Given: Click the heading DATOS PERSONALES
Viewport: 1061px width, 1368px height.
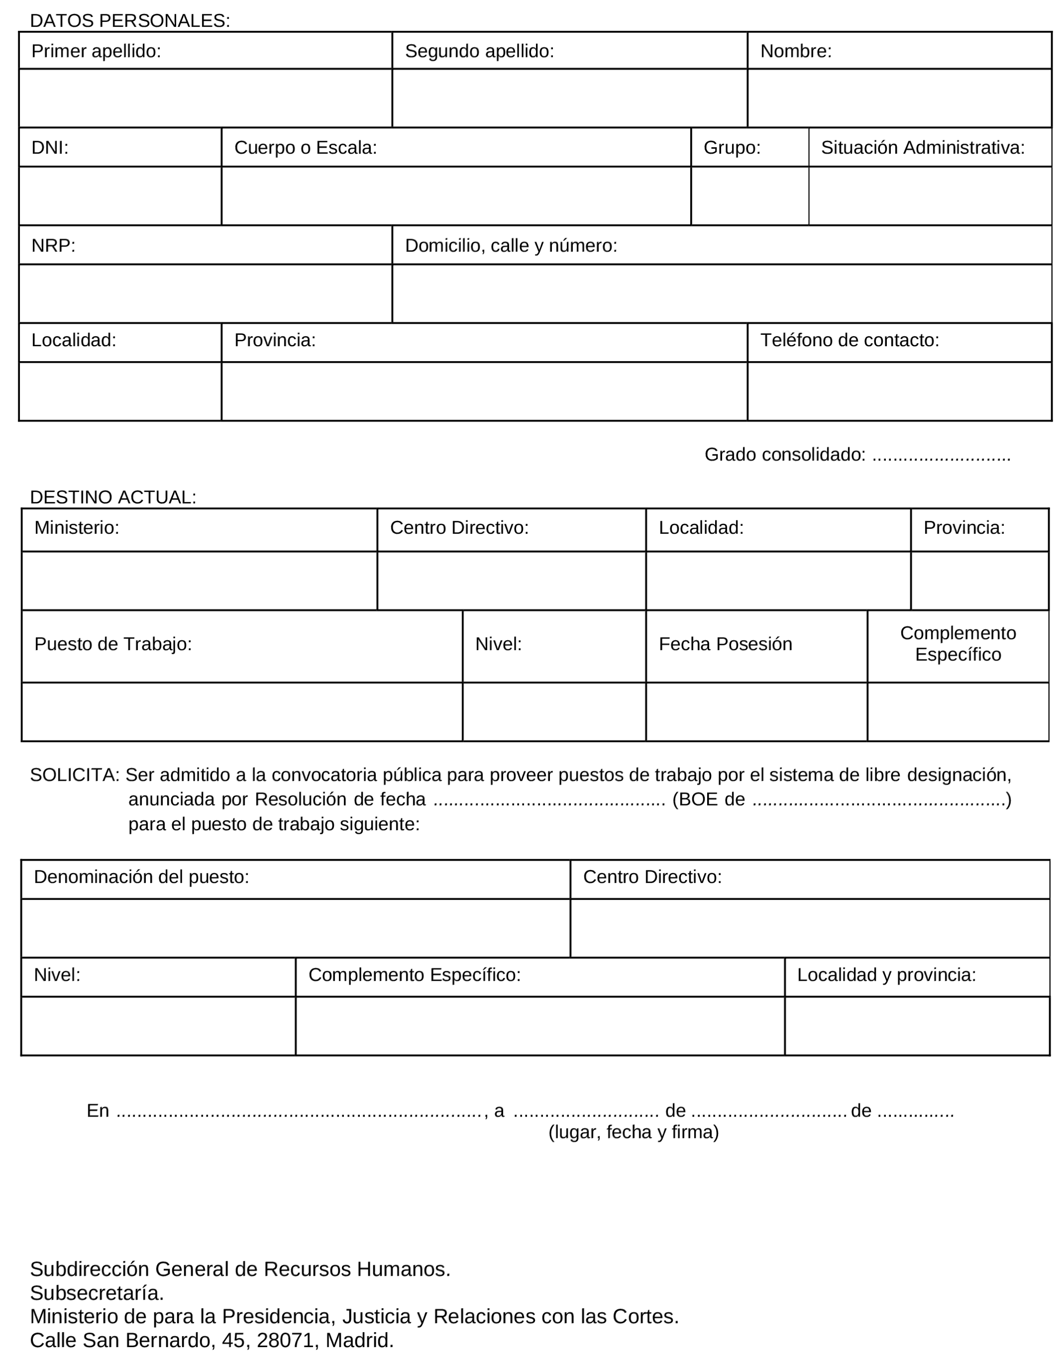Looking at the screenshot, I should (130, 20).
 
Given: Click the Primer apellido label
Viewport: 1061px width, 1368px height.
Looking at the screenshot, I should (96, 51).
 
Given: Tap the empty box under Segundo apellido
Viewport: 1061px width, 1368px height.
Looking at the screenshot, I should (569, 98).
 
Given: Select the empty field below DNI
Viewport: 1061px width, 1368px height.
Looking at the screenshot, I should (120, 196).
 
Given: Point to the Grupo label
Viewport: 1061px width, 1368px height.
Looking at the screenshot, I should (731, 147).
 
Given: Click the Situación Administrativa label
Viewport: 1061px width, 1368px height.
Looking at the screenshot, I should (922, 147).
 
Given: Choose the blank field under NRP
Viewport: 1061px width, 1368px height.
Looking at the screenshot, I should (205, 293).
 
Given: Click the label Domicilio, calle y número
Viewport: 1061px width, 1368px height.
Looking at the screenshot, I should (511, 245).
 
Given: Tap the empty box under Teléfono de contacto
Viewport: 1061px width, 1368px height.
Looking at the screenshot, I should (899, 391).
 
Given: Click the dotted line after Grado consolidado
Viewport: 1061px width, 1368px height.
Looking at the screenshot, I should (941, 455).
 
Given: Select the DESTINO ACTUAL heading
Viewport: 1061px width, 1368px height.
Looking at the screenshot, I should (113, 497).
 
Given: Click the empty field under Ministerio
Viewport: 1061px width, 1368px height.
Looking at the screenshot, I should (199, 580).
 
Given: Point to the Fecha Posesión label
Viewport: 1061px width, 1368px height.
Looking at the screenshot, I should (725, 644).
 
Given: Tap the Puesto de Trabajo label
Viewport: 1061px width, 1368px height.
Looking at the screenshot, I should (113, 644).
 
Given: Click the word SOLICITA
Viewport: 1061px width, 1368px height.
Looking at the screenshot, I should (74, 775).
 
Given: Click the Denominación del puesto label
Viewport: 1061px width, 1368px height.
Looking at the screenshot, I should (141, 876).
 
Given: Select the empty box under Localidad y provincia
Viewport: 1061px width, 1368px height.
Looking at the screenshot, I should (916, 1025).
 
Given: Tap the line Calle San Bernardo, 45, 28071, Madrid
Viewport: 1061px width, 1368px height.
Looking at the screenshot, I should (212, 1340).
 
